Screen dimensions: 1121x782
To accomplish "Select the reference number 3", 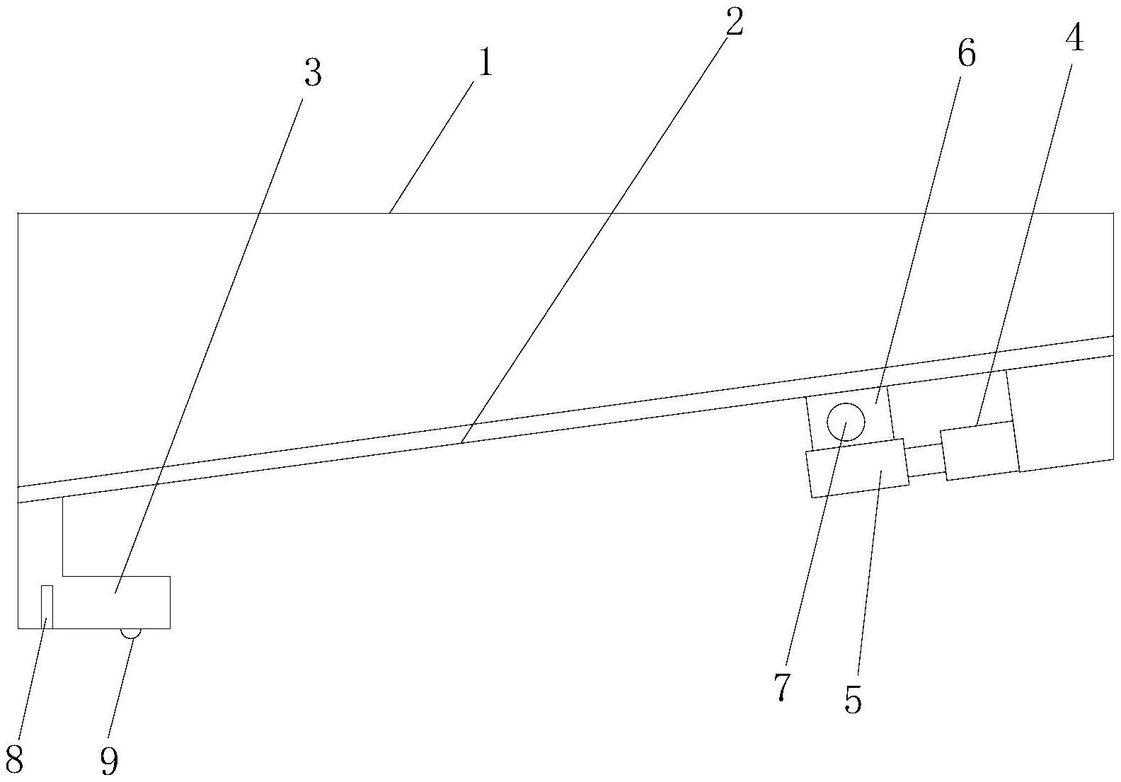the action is point(313,74).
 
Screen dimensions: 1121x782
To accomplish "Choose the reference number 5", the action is point(853,699).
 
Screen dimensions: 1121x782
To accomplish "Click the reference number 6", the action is point(967,54).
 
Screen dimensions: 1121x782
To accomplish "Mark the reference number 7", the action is point(781,686).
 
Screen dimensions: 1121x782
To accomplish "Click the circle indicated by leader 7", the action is point(846,422).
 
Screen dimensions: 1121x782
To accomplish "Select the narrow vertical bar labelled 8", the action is point(47,606).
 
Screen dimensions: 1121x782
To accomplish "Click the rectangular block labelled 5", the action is point(857,468).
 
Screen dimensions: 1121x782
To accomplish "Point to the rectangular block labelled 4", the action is point(979,451).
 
